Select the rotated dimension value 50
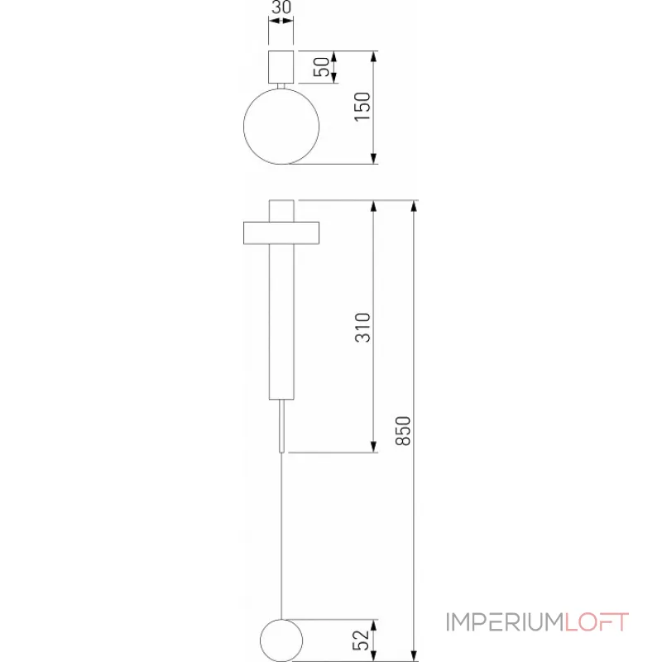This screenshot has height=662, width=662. coord(320,67)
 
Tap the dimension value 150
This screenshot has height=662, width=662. coord(361,108)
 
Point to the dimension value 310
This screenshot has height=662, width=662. coord(361,328)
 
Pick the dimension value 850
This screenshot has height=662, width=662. coord(403,430)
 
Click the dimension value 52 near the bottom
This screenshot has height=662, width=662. coord(361,639)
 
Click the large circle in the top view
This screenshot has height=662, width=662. coord(281,124)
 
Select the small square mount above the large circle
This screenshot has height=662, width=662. coord(281,66)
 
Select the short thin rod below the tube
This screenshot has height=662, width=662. coord(282,426)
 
